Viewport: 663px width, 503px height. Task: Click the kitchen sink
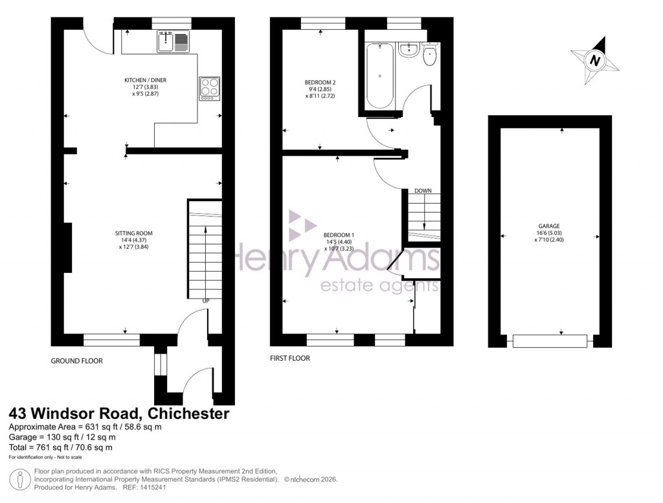pos(172,42)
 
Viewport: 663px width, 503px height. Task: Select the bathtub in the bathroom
pos(379,76)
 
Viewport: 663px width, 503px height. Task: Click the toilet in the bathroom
pos(430,56)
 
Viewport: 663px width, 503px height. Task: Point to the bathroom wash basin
pos(408,49)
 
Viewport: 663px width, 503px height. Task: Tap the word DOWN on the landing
pos(423,191)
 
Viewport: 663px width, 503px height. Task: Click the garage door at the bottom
pos(550,341)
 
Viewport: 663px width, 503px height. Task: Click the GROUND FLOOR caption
pos(76,361)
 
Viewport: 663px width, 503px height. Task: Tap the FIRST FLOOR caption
pos(290,358)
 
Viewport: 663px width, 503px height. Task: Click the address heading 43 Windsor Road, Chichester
pos(118,413)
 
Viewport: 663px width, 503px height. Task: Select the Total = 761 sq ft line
pos(60,447)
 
